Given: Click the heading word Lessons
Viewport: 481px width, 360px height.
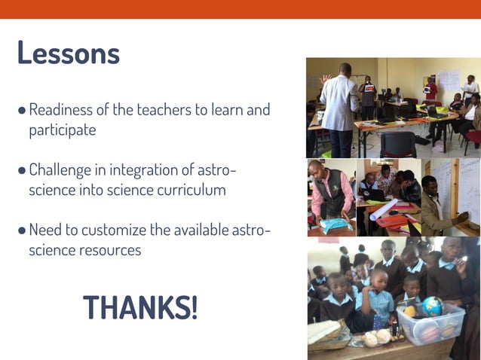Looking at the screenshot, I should [x=68, y=53].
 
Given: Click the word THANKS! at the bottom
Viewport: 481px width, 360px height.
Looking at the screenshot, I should [x=140, y=307].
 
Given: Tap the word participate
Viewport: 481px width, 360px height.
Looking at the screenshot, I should [x=63, y=130].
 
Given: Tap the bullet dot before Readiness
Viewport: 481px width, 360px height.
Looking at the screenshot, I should [x=22, y=111].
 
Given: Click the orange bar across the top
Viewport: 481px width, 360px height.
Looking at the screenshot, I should [x=240, y=9].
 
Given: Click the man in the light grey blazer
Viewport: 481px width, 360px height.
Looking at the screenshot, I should [x=340, y=105].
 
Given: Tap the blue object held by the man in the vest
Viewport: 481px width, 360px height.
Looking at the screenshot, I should [x=332, y=223].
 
